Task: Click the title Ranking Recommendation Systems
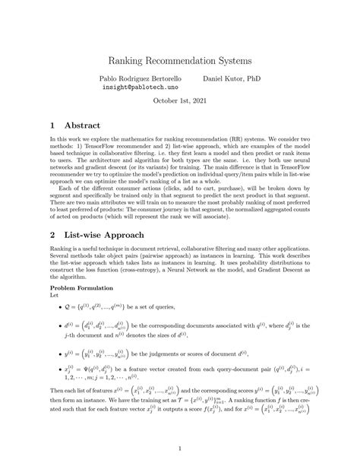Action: click(x=179, y=59)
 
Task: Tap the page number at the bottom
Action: click(x=180, y=448)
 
